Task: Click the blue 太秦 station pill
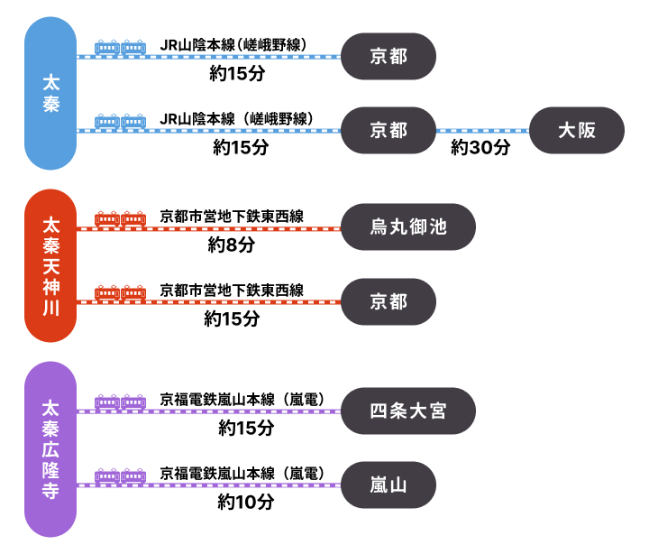click(x=50, y=93)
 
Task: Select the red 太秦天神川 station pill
click(x=50, y=265)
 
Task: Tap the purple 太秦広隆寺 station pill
click(x=50, y=449)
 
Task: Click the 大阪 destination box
click(x=577, y=130)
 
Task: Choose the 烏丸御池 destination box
click(x=408, y=227)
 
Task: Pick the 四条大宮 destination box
click(x=408, y=411)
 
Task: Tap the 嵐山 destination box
click(x=389, y=485)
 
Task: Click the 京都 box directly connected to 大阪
click(x=389, y=130)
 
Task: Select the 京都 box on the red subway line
click(x=389, y=301)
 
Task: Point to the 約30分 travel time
click(x=480, y=147)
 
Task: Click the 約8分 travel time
click(x=232, y=245)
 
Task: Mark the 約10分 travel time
click(x=245, y=503)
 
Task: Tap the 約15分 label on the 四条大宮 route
click(x=245, y=429)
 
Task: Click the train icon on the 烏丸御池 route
click(x=120, y=219)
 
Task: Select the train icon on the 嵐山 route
click(x=120, y=476)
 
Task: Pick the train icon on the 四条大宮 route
click(x=120, y=402)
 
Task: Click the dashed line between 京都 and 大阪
click(x=482, y=130)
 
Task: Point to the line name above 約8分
click(x=232, y=216)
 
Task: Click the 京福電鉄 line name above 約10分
click(x=242, y=473)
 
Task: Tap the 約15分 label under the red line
click(x=232, y=319)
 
